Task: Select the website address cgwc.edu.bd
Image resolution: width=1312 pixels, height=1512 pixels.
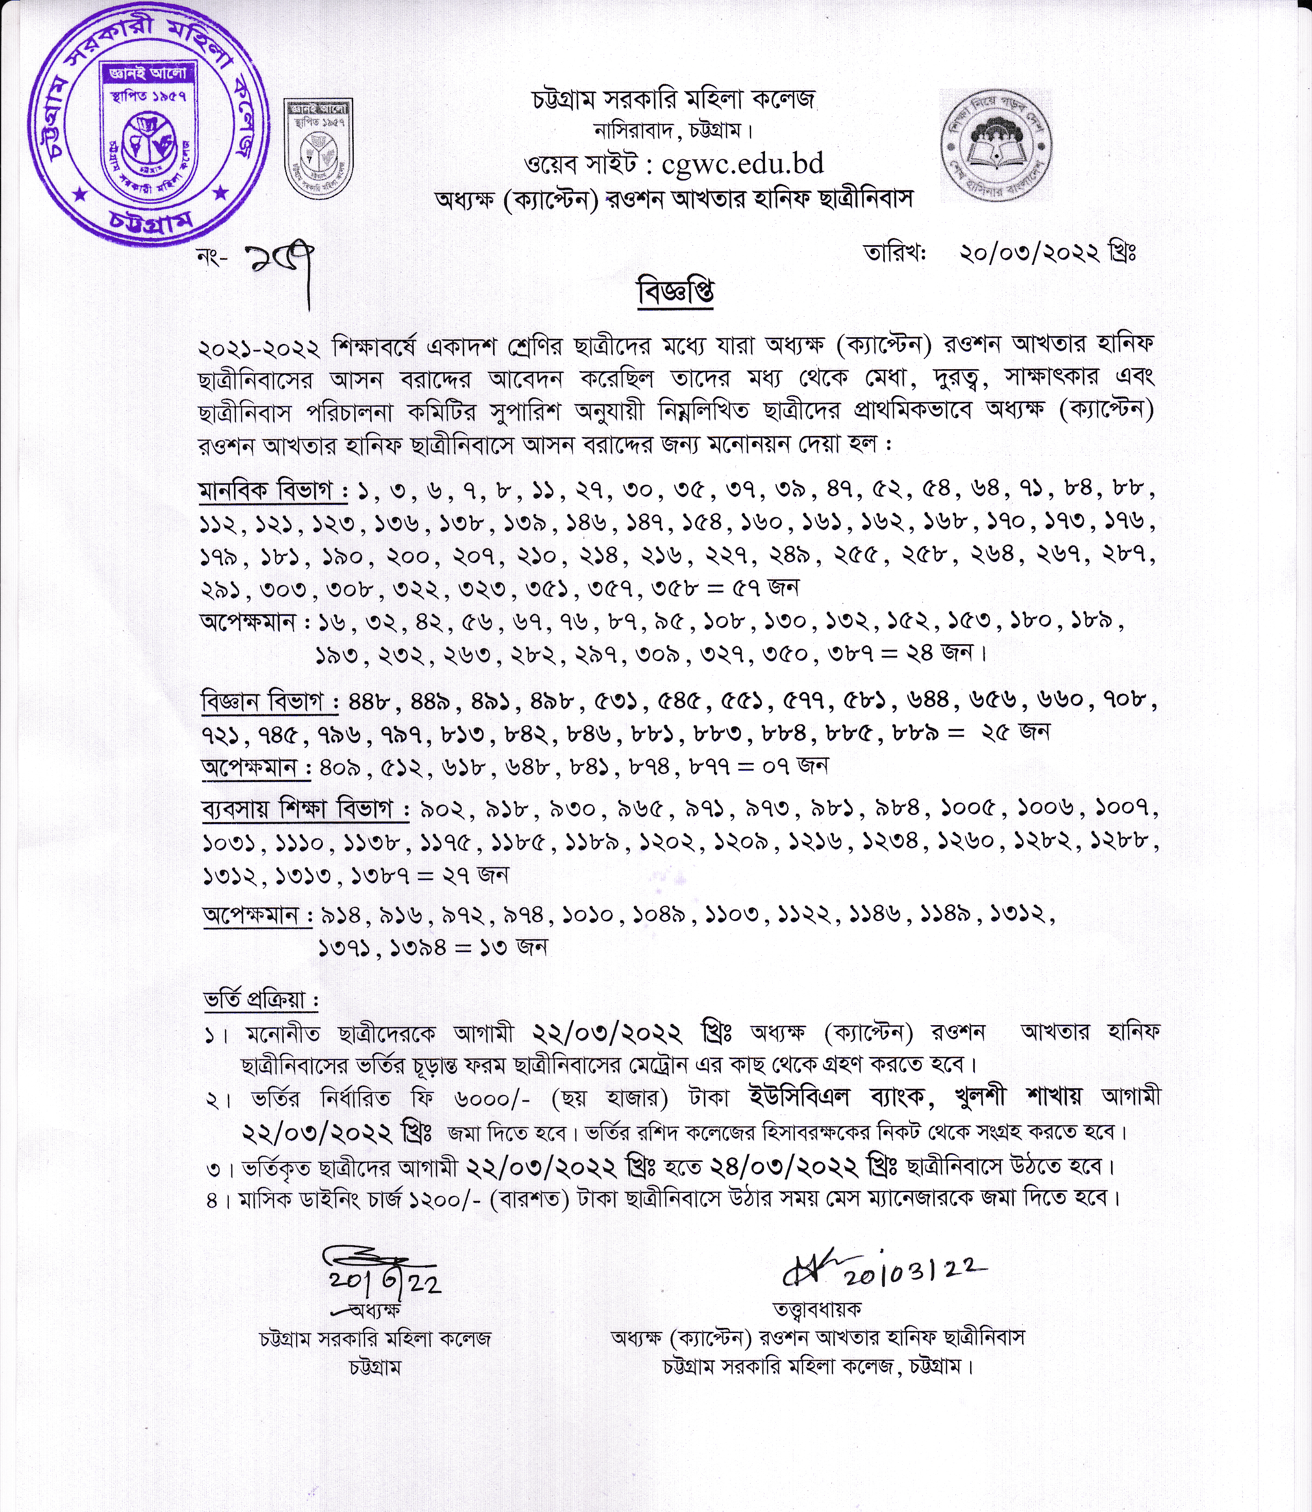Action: click(x=742, y=162)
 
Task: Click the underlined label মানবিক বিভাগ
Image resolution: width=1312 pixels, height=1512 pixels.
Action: click(x=272, y=490)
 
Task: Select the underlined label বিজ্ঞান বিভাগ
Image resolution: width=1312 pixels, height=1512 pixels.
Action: click(x=269, y=701)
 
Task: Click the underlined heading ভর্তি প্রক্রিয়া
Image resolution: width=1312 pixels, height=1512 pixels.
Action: click(x=261, y=1000)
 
